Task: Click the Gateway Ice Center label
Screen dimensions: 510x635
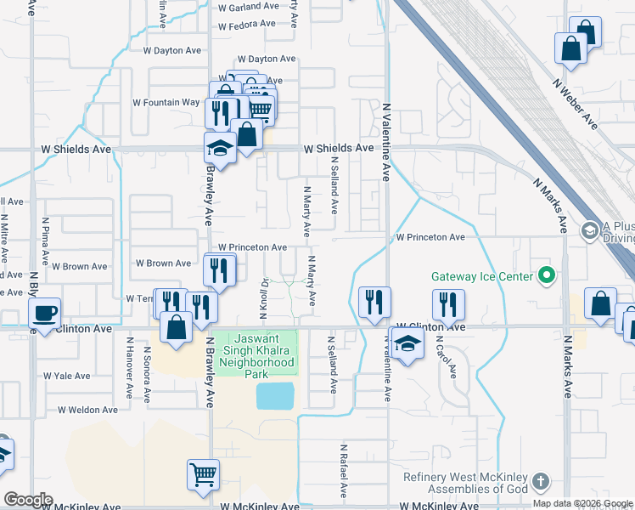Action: (481, 276)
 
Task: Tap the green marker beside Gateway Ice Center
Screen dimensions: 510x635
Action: (548, 275)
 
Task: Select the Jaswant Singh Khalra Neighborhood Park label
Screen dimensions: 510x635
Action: (256, 355)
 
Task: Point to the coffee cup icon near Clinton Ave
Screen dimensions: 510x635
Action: (44, 313)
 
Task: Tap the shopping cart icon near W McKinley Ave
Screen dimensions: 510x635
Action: (203, 474)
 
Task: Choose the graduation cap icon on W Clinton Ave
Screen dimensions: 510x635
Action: (407, 344)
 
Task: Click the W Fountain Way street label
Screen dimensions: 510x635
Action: (166, 103)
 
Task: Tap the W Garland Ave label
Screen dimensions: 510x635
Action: (248, 7)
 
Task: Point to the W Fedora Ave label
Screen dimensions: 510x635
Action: (247, 26)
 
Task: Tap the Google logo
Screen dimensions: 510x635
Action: (28, 500)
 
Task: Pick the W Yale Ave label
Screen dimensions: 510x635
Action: (66, 376)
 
